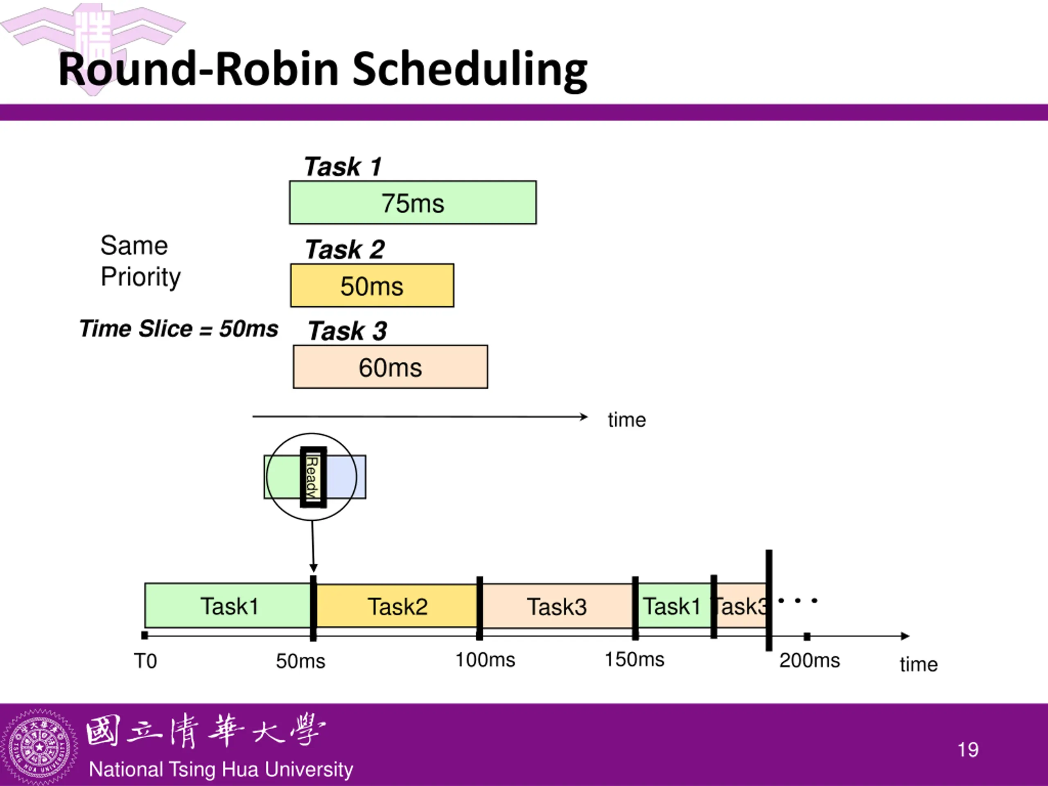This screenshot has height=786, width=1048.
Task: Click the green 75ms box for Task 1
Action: coord(413,202)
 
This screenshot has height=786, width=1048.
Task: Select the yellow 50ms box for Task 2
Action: coord(372,285)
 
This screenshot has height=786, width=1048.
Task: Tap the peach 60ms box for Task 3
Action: coord(391,367)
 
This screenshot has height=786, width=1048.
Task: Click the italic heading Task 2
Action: coord(344,249)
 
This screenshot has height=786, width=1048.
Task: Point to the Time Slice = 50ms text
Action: coord(179,328)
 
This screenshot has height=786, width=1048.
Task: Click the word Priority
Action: coord(141,277)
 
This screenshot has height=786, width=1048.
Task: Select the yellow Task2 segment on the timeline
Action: coord(397,606)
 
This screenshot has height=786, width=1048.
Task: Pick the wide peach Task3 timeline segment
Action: coord(557,606)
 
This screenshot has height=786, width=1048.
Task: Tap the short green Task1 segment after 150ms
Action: coord(674,606)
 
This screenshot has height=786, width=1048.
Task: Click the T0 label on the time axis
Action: coord(145,661)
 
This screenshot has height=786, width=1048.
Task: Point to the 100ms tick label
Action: coord(485,660)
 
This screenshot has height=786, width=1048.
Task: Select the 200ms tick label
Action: coord(810,660)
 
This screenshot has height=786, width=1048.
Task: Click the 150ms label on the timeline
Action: coord(635,659)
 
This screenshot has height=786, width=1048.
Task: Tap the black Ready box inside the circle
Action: coord(313,477)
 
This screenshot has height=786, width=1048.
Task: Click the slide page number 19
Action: coord(968,750)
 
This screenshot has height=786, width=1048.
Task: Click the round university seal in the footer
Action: coord(39,747)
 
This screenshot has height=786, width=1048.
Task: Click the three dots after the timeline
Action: coord(798,600)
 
